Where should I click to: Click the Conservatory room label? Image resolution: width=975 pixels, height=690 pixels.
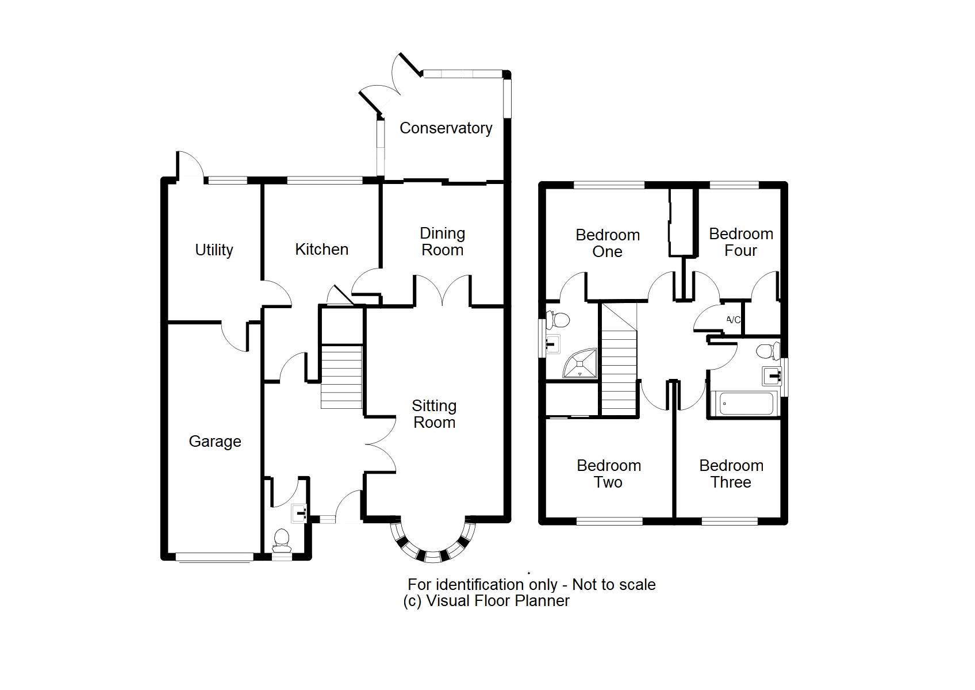(x=446, y=128)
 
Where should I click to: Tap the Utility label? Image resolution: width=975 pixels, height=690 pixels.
(x=214, y=250)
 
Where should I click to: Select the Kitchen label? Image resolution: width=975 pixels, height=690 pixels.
(x=321, y=250)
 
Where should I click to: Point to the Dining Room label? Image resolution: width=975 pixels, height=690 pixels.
(x=442, y=241)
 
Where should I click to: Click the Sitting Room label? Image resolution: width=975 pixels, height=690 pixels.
(x=434, y=414)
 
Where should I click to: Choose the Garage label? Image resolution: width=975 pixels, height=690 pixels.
(x=214, y=442)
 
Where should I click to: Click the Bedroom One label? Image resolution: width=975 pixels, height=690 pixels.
(x=608, y=243)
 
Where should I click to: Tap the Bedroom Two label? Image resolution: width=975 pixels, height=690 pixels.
(x=609, y=474)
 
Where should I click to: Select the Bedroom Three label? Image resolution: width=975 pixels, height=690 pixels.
(x=731, y=474)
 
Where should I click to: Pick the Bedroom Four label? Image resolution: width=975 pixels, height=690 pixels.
(x=740, y=242)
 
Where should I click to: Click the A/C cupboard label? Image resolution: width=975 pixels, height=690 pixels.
(x=733, y=320)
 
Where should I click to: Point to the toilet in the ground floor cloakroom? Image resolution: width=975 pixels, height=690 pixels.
(x=281, y=539)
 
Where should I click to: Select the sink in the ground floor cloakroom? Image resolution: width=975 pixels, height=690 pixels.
(x=300, y=512)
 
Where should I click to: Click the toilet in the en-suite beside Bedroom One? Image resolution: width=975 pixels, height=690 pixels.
(x=558, y=319)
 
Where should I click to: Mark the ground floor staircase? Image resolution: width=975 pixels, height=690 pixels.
(x=341, y=377)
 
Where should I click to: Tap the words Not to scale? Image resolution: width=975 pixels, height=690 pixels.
(x=613, y=585)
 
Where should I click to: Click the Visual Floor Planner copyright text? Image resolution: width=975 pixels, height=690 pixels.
(x=486, y=601)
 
